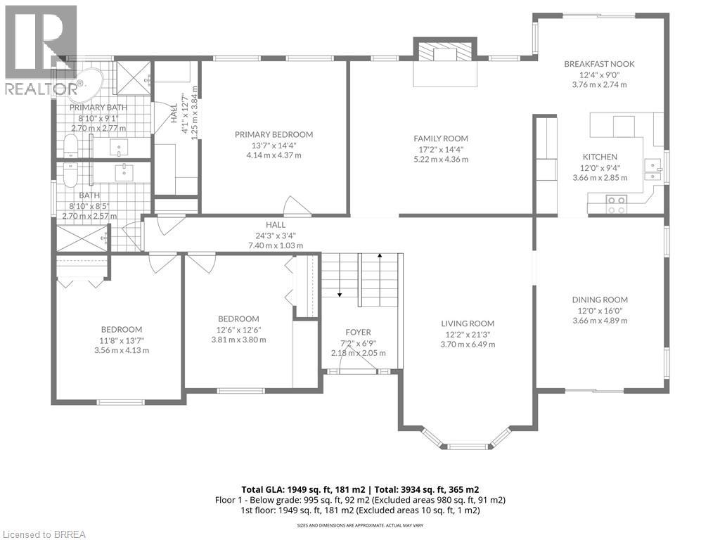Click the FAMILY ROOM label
[440, 139]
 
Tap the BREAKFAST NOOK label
[599, 64]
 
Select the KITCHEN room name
[600, 157]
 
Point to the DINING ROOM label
[599, 300]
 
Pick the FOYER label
[358, 333]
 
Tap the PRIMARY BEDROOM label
[274, 134]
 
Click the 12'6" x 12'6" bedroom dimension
[239, 329]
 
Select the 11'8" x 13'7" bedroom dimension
[122, 340]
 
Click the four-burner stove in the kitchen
[617, 205]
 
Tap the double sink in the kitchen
[652, 171]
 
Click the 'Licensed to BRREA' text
[44, 534]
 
